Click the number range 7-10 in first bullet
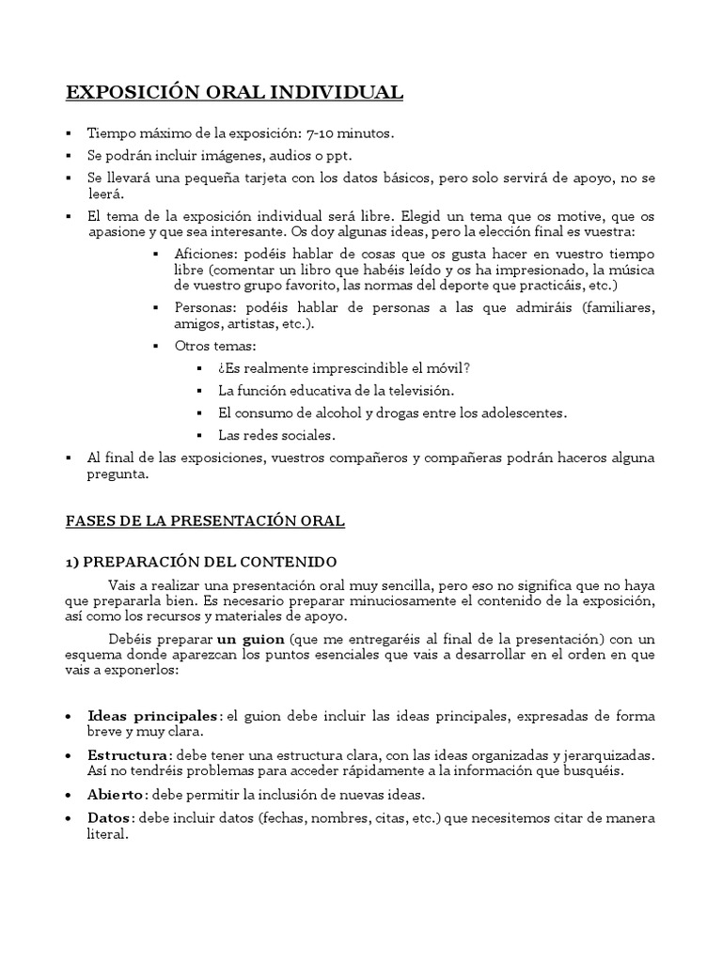click(x=322, y=133)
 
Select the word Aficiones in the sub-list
click(x=205, y=255)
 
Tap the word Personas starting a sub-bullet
click(x=204, y=308)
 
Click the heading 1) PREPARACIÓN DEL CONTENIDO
click(x=201, y=562)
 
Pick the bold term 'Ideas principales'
click(x=154, y=717)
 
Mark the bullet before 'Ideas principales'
click(x=70, y=717)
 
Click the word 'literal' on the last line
click(x=105, y=835)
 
